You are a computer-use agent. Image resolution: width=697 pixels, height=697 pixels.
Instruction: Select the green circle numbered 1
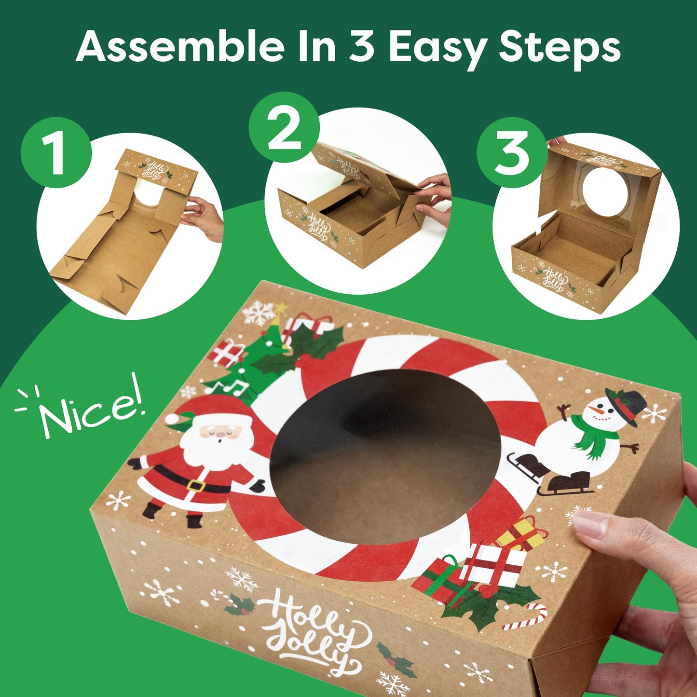[56, 152]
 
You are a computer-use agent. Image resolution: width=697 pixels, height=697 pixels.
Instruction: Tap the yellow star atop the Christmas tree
[279, 307]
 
